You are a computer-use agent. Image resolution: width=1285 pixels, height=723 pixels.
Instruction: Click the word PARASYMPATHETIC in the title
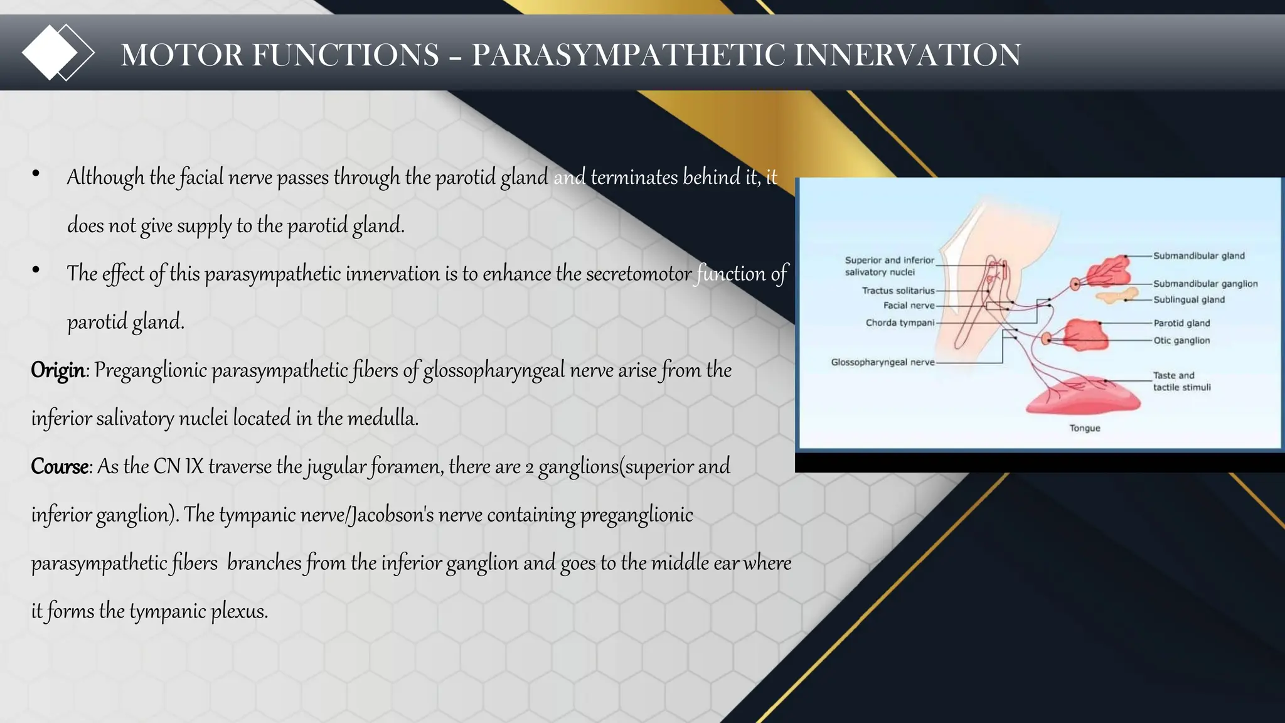(627, 55)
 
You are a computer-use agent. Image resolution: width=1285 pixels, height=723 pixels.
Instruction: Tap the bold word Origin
(58, 370)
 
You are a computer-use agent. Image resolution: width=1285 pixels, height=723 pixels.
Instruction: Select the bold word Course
(60, 467)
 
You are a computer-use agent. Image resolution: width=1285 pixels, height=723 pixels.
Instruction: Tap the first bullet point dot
(36, 174)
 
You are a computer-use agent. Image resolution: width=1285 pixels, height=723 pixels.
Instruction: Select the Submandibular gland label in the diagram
(1198, 256)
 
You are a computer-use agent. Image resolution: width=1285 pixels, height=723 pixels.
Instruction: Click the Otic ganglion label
(1181, 341)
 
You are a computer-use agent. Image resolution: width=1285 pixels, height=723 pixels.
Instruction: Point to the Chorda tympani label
(900, 323)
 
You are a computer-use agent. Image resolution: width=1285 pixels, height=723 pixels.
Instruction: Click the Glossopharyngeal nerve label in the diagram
(882, 363)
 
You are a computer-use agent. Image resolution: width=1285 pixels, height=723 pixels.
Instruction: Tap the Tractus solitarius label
(898, 291)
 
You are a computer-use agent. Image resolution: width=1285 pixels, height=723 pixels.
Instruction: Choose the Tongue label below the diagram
(1085, 429)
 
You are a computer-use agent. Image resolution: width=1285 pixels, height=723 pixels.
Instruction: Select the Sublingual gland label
(1189, 300)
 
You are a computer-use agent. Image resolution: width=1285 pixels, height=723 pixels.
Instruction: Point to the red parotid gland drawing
(1085, 334)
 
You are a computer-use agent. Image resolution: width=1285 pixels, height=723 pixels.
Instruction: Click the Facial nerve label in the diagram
(909, 306)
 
